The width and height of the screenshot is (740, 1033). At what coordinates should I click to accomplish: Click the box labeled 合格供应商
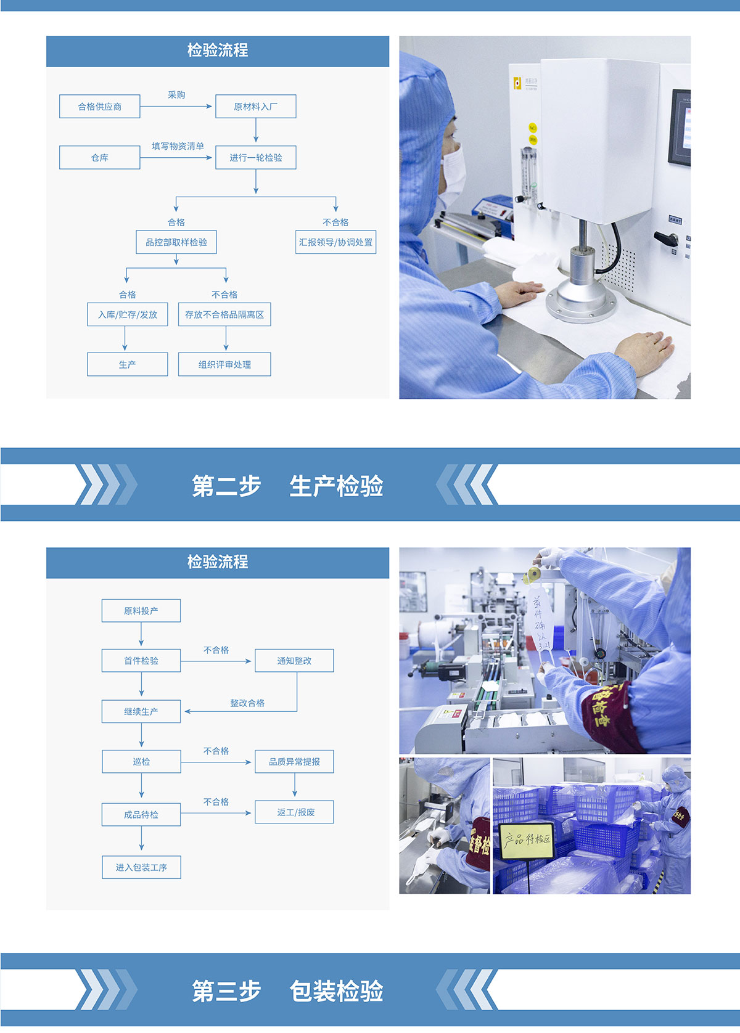(x=100, y=107)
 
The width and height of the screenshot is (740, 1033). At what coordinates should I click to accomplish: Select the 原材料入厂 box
(x=256, y=107)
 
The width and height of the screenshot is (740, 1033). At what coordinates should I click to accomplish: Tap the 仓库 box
(x=100, y=158)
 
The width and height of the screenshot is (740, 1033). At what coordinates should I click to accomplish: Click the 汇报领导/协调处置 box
(x=335, y=242)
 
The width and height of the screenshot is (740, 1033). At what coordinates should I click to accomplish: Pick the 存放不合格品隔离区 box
(x=224, y=314)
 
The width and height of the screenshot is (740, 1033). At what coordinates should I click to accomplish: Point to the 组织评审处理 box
(x=224, y=365)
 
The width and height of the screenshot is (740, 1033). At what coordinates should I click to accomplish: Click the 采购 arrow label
(x=176, y=95)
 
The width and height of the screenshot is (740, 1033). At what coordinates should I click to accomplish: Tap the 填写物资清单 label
(x=178, y=146)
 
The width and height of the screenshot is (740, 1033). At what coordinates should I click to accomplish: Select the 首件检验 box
(x=141, y=661)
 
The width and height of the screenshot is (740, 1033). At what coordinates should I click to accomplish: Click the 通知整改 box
(x=294, y=661)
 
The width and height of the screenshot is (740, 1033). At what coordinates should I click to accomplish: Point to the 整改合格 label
(x=247, y=703)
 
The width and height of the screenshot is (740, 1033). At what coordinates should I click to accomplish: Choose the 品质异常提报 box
(x=294, y=762)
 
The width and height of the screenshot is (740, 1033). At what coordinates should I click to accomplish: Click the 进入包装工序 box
(x=141, y=867)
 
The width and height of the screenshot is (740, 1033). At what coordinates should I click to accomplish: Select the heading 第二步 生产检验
(x=287, y=486)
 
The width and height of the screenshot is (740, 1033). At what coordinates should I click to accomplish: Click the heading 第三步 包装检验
(x=287, y=991)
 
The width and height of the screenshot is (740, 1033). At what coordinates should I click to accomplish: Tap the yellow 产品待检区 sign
(x=527, y=839)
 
